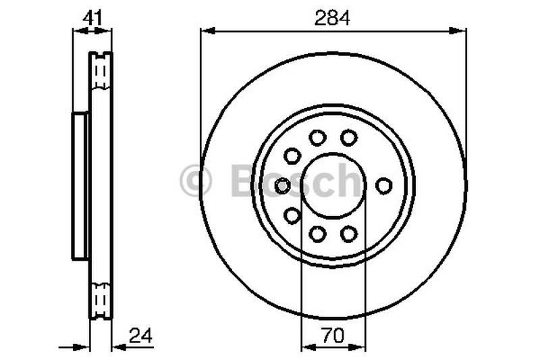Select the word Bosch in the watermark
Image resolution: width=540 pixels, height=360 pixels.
click(x=297, y=182)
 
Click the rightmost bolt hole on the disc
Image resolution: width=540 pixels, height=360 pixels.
click(x=383, y=185)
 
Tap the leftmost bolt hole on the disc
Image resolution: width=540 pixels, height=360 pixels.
click(x=283, y=185)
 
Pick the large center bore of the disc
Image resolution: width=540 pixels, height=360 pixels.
click(x=333, y=185)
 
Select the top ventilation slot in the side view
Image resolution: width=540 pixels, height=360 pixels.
click(x=101, y=71)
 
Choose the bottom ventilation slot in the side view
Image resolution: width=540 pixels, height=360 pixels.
click(x=101, y=298)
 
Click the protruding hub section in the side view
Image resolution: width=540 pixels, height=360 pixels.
click(x=80, y=186)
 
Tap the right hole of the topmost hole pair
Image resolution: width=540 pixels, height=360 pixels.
click(x=348, y=138)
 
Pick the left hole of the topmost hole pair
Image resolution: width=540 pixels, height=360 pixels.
click(x=317, y=138)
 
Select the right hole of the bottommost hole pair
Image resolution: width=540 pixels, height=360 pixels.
click(x=348, y=234)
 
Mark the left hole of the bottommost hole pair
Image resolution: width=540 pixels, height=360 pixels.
click(x=317, y=234)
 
